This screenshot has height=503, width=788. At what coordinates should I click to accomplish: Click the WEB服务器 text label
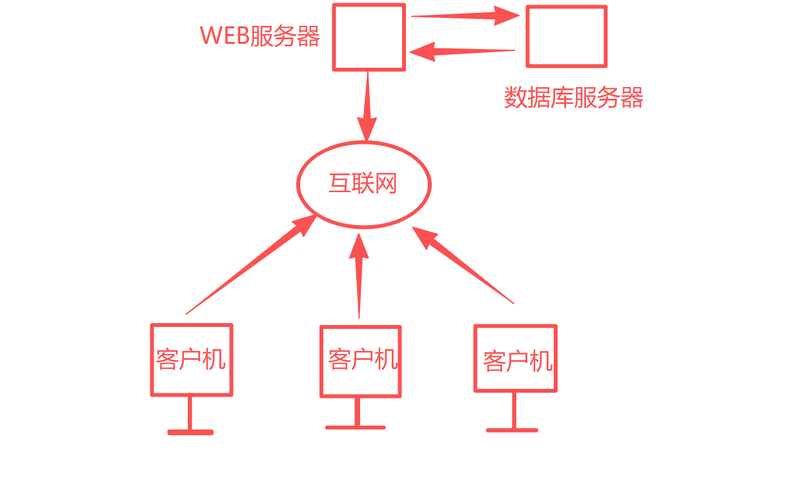260,36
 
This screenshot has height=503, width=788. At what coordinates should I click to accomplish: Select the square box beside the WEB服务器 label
369,37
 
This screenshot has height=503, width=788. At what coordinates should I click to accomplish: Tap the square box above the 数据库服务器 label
567,36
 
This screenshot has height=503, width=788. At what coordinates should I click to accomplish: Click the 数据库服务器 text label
574,98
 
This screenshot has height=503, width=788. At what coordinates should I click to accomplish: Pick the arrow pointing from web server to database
465,15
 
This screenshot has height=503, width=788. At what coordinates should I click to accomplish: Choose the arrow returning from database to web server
463,51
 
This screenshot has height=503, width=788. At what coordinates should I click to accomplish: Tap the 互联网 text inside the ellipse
363,184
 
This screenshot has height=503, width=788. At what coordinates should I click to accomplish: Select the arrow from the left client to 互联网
252,264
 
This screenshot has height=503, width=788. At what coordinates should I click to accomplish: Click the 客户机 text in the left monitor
191,359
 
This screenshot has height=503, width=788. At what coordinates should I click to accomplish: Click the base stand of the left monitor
190,432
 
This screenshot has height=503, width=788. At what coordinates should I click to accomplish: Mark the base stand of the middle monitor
356,428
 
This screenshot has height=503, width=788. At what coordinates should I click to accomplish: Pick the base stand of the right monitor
512,429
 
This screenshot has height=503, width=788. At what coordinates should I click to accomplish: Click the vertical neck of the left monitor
190,413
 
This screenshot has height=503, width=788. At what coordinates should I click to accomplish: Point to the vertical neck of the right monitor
514,410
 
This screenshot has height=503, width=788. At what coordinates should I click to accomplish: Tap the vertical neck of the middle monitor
357,411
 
